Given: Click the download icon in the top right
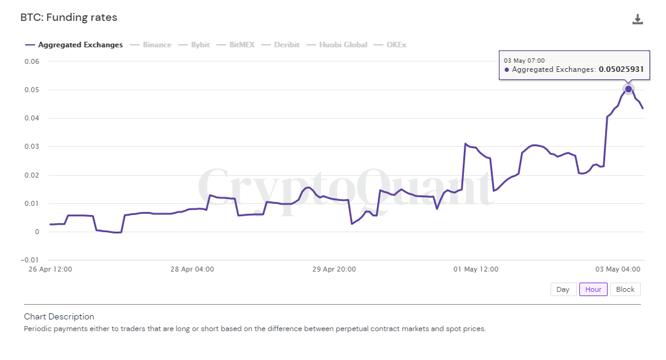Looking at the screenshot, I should pyautogui.click(x=638, y=19).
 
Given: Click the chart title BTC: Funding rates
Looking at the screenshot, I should pyautogui.click(x=69, y=18).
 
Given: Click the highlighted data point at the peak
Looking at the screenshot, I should pyautogui.click(x=629, y=89).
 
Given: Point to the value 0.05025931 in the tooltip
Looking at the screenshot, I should pyautogui.click(x=621, y=70).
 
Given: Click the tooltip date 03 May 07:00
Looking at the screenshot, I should pyautogui.click(x=524, y=61).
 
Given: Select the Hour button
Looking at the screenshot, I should pyautogui.click(x=593, y=289).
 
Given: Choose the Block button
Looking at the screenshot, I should pyautogui.click(x=625, y=289).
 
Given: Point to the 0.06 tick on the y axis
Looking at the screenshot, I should pyautogui.click(x=32, y=61).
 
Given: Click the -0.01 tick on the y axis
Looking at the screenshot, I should pyautogui.click(x=30, y=260).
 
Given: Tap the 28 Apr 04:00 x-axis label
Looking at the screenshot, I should pyautogui.click(x=192, y=269).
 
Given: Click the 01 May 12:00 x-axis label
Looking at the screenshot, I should pyautogui.click(x=476, y=269).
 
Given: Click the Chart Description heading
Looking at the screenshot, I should pyautogui.click(x=59, y=317).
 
